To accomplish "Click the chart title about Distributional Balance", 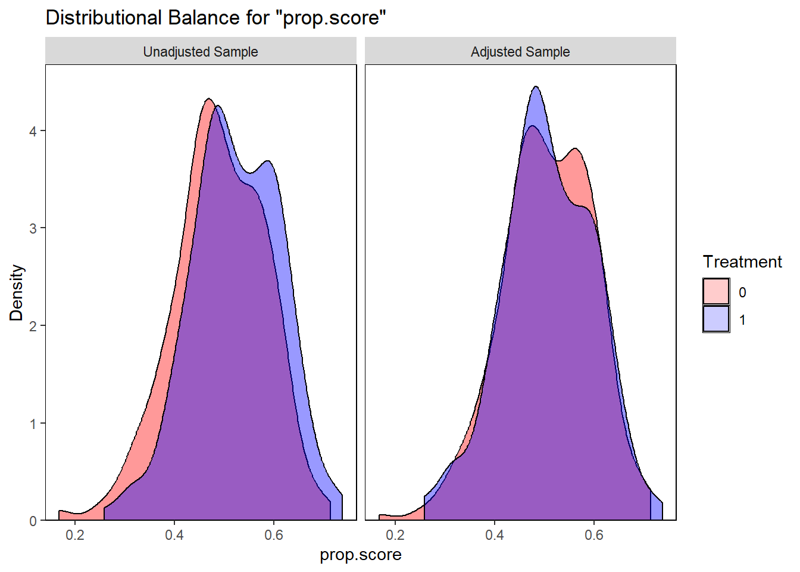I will click(x=215, y=18).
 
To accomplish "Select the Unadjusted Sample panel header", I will click(x=201, y=52).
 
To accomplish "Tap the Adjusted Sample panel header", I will click(x=520, y=52).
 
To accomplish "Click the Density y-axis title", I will click(x=16, y=293).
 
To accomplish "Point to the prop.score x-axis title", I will click(x=360, y=555).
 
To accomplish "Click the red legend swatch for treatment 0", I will click(x=716, y=292).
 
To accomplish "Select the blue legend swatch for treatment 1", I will click(x=716, y=319).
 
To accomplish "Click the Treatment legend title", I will click(x=742, y=262).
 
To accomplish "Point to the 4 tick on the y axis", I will click(x=33, y=131).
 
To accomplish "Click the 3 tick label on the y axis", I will click(x=33, y=229).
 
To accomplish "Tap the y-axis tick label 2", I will click(x=33, y=326).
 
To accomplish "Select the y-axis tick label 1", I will click(x=33, y=424).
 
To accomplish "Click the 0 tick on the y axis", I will click(x=33, y=521).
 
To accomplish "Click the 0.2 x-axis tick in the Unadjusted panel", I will click(x=75, y=535).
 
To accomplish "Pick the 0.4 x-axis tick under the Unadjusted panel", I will click(x=174, y=535).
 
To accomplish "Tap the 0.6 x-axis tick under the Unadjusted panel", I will click(x=274, y=535).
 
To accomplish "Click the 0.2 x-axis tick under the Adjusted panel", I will click(x=395, y=535).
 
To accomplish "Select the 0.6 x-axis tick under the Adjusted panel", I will click(x=594, y=535).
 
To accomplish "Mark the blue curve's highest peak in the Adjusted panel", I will click(x=536, y=87).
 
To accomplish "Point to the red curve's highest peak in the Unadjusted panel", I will click(x=208, y=99).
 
